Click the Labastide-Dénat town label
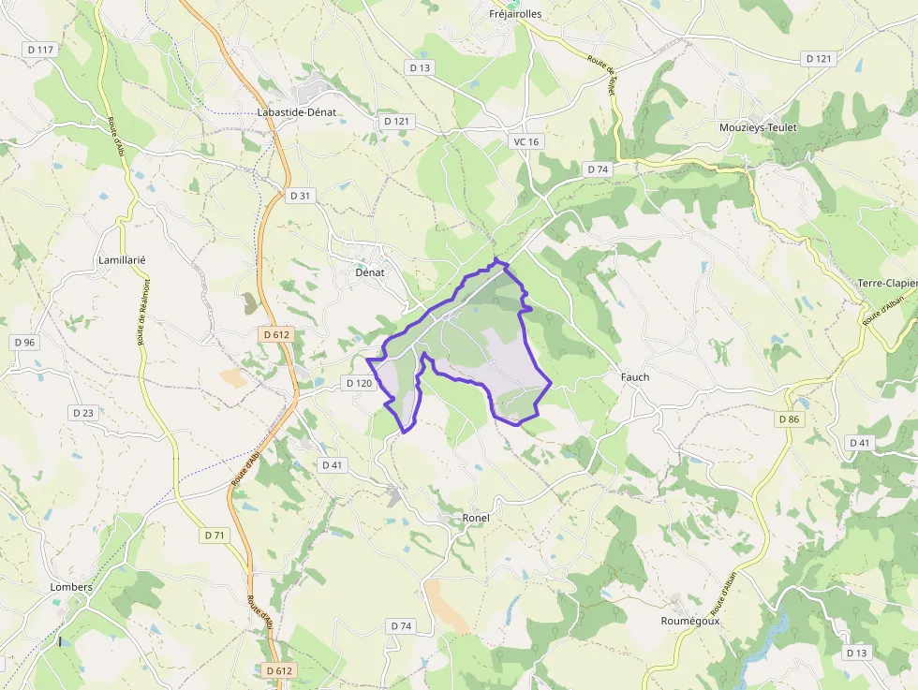point(296,112)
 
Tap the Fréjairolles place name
point(516,14)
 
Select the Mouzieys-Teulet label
point(758,127)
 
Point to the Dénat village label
point(370,272)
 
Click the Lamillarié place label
point(122,259)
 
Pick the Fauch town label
point(635,377)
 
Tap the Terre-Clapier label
point(887,283)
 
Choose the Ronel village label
point(476,518)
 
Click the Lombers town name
point(71,587)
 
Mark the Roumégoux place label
point(690,620)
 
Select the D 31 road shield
point(300,196)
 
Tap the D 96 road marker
point(24,343)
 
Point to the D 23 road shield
point(83,412)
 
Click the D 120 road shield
point(359,383)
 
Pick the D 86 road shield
point(790,419)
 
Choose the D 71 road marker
point(215,535)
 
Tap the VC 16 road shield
point(526,141)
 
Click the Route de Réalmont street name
point(144,312)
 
